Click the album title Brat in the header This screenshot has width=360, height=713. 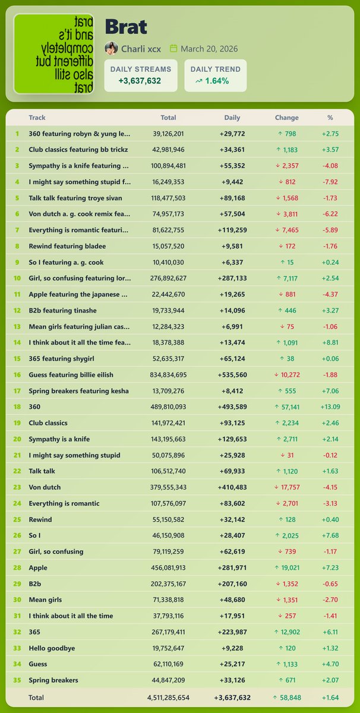click(x=126, y=26)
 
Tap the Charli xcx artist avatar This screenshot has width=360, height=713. click(x=111, y=49)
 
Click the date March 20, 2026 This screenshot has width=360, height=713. click(x=209, y=49)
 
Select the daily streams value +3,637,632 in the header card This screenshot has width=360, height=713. click(x=140, y=81)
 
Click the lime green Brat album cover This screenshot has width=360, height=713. click(x=53, y=54)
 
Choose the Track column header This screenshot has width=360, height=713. click(x=37, y=118)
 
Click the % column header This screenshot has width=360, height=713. click(x=330, y=118)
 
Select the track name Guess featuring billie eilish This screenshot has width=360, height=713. click(x=71, y=375)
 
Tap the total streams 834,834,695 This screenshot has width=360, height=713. click(x=168, y=375)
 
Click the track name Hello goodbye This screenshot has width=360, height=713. click(x=52, y=648)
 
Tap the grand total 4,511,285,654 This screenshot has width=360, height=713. click(x=168, y=697)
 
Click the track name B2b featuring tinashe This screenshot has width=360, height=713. click(x=62, y=311)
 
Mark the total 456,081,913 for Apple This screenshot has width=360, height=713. click(x=168, y=567)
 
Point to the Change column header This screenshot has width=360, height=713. click(x=287, y=118)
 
